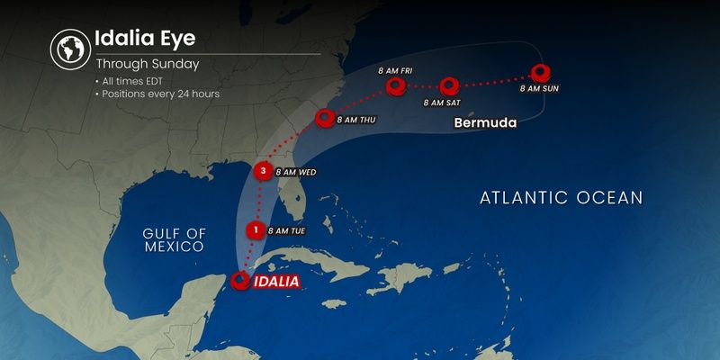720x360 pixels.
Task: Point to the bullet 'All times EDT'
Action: click(x=131, y=82)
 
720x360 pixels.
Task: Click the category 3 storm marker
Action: click(x=263, y=169)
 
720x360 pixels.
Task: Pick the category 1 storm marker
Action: click(x=256, y=229)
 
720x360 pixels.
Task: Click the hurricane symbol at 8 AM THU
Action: click(x=325, y=117)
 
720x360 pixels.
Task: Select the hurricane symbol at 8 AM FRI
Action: click(x=396, y=86)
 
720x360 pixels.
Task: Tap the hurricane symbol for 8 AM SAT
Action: click(x=450, y=86)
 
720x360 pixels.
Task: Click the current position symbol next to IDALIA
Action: click(x=240, y=281)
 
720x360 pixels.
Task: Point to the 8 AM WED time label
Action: click(x=295, y=171)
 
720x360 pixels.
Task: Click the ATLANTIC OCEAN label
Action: click(x=561, y=197)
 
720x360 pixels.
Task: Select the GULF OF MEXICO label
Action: click(x=175, y=238)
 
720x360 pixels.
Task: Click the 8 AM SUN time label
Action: click(x=540, y=88)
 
